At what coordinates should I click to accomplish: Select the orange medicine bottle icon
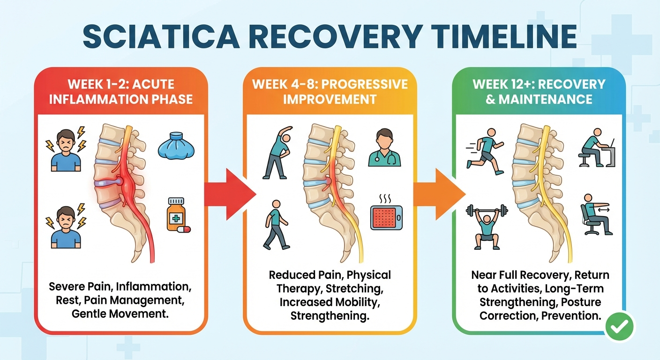coord(176,215)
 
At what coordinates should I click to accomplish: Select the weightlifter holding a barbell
coord(487,225)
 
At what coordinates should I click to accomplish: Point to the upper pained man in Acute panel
coord(65,146)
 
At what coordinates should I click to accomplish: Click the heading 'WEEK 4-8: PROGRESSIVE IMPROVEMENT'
coord(330,92)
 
